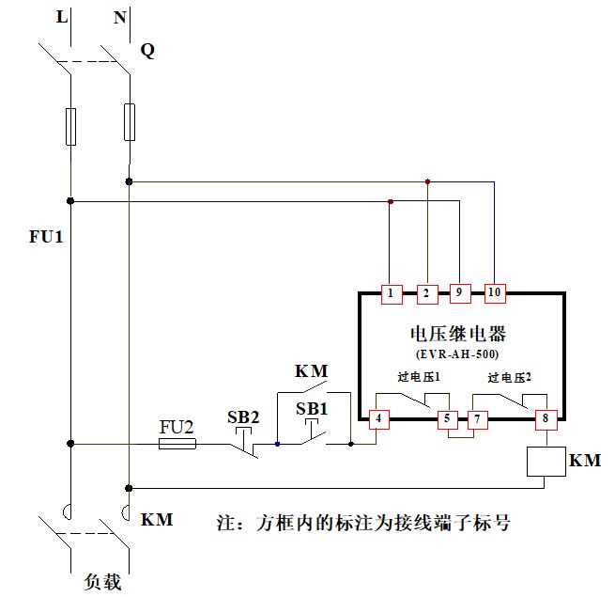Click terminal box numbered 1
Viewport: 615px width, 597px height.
point(390,293)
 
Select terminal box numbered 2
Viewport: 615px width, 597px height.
point(426,293)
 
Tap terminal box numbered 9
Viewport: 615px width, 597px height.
point(460,293)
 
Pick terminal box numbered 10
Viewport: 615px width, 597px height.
point(495,293)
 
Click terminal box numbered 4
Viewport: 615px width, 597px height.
point(379,418)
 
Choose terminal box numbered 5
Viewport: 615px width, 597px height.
point(448,418)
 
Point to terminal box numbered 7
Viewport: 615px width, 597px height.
point(478,418)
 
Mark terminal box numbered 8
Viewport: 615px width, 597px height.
point(545,418)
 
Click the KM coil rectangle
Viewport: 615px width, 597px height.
point(545,462)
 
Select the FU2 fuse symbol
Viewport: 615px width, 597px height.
point(177,443)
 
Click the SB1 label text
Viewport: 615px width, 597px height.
point(313,409)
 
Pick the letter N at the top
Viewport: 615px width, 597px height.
point(120,16)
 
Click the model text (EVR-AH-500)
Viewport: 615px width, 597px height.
point(457,354)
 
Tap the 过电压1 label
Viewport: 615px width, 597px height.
point(419,377)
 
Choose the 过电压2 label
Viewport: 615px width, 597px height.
point(509,377)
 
